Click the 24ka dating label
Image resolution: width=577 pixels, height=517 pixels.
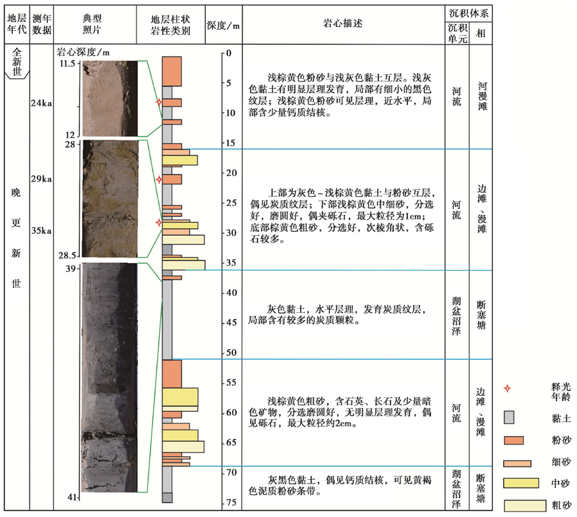pos(41,103)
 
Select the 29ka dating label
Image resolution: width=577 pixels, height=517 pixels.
pos(41,179)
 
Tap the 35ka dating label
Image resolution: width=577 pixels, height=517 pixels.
pos(41,230)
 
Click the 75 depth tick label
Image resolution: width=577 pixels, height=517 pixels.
pos(231,502)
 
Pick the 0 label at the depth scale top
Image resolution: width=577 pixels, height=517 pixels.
pos(229,53)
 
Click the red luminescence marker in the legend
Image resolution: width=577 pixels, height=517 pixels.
pos(507,389)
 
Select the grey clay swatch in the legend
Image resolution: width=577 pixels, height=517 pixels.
pos(509,418)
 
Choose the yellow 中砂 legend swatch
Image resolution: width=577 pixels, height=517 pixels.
pos(521,483)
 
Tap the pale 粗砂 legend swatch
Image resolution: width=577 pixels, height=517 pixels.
pos(524,505)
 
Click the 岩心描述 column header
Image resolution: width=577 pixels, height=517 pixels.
pos(342,24)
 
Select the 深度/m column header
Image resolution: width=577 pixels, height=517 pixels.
pos(223,26)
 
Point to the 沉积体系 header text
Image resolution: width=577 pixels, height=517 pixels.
pos(469,13)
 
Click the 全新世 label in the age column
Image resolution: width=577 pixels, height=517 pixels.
pos(17,62)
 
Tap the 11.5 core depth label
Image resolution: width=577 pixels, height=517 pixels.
pos(67,64)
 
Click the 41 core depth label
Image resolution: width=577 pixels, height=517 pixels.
pos(72,498)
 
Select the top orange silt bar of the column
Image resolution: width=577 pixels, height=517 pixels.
pos(172,71)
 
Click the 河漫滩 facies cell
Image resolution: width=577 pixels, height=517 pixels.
pos(482,96)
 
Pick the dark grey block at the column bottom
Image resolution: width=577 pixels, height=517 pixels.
pos(167,498)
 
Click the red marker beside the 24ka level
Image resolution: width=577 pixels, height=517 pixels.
pos(159,102)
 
